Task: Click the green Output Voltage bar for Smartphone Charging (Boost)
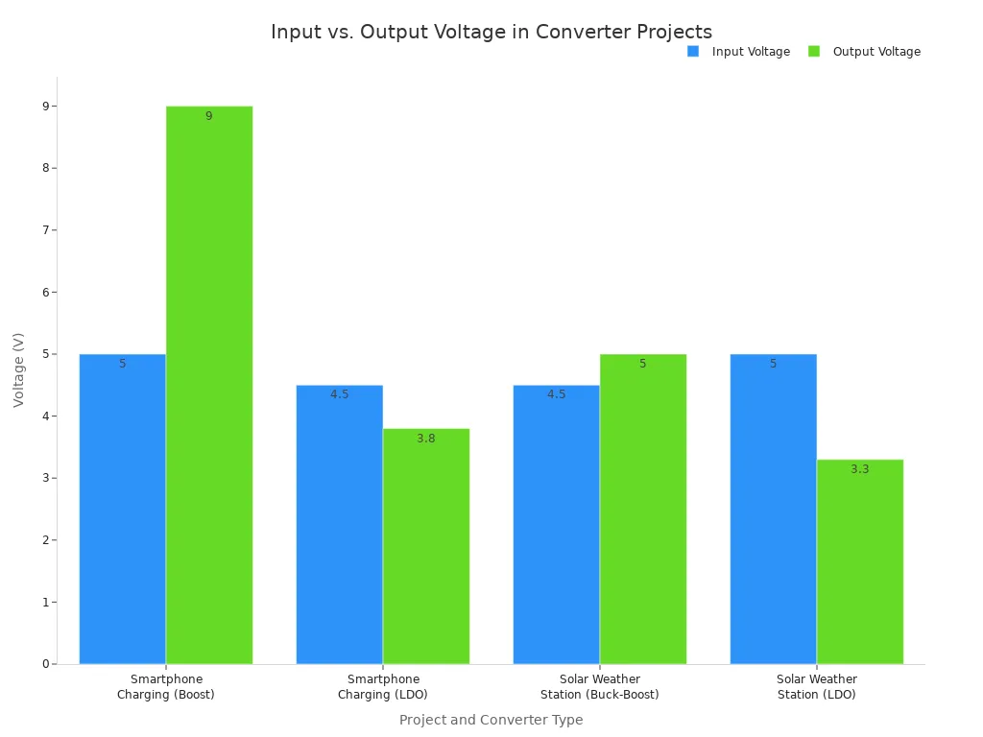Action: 209,384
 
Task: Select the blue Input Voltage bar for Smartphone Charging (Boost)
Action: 122,509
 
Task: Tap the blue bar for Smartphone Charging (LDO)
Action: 339,524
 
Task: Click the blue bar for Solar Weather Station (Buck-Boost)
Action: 556,524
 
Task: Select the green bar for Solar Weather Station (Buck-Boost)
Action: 643,509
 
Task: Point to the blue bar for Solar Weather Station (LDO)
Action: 773,509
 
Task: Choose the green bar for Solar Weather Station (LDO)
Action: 860,561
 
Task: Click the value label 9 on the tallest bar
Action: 208,116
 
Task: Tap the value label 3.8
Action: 425,439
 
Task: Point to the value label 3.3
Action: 859,469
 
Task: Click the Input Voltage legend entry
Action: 739,52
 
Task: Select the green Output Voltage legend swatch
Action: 814,52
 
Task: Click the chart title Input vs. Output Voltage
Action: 491,32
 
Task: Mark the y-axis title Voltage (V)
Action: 19,369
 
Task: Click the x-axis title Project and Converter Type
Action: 491,720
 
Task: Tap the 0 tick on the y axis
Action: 45,664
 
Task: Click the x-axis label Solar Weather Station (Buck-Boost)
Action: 599,687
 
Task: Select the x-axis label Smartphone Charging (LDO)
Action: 383,687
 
